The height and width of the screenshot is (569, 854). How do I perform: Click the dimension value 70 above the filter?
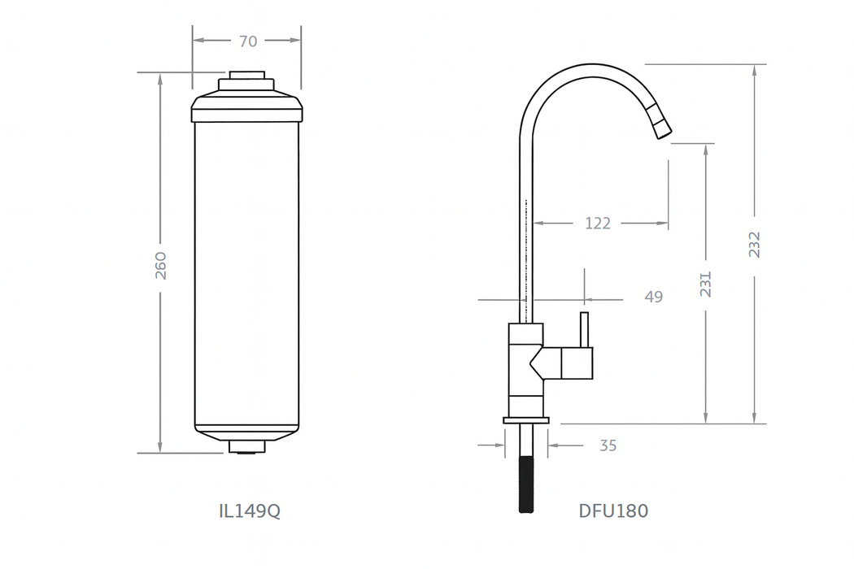click(248, 40)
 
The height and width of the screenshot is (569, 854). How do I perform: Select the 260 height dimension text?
click(160, 265)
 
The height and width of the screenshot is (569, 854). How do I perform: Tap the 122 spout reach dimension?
click(598, 223)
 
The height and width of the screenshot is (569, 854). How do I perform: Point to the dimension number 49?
click(653, 298)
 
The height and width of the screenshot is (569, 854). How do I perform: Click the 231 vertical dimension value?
click(705, 284)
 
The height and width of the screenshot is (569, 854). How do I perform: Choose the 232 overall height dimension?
click(755, 245)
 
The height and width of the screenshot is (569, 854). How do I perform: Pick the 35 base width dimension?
click(608, 445)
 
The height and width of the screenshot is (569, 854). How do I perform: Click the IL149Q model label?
click(250, 511)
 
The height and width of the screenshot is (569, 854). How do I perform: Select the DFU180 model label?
click(613, 511)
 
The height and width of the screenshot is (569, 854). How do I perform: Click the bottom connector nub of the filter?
click(246, 446)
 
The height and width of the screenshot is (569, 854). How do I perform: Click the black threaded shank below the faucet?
click(527, 483)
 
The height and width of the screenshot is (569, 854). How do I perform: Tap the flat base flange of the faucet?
click(526, 420)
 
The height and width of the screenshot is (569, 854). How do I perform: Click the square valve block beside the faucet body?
click(577, 363)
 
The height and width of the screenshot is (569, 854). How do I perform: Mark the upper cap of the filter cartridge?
click(247, 106)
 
